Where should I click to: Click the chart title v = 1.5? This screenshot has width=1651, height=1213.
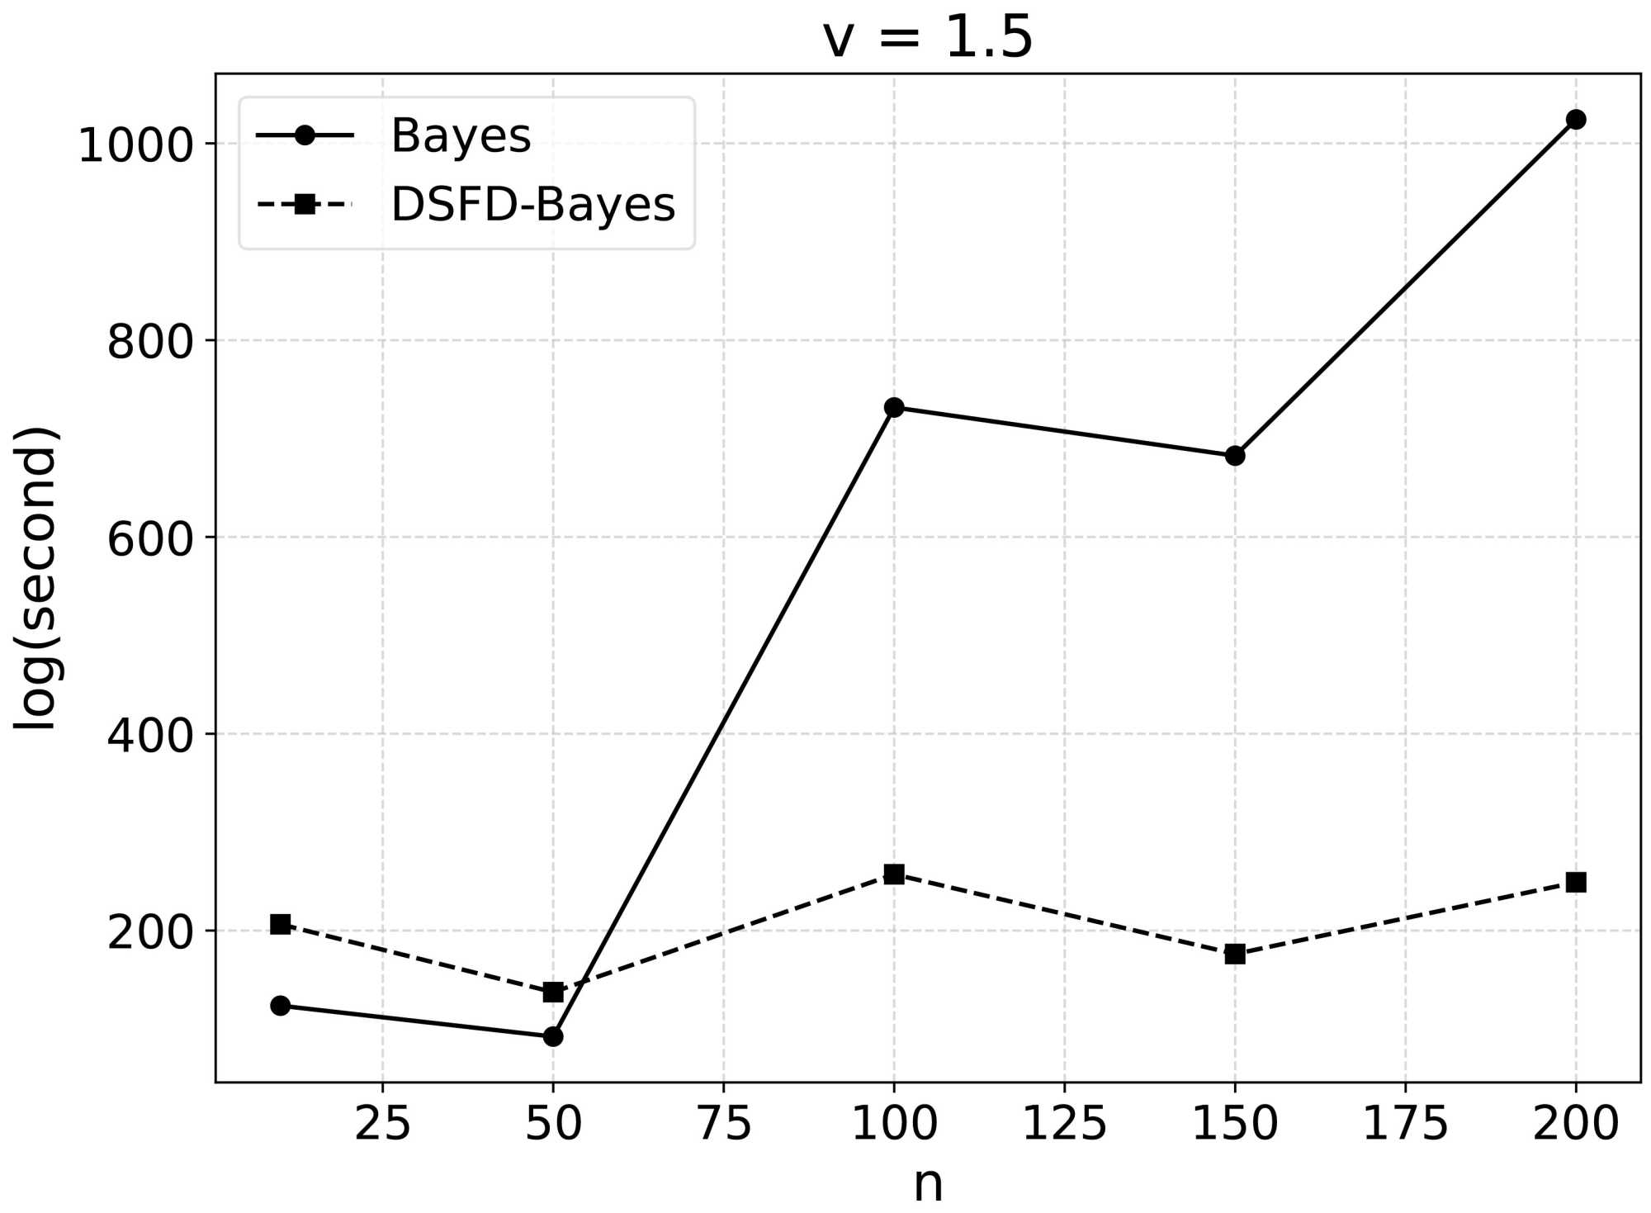click(x=927, y=37)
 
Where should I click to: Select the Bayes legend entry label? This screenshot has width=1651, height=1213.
click(x=461, y=135)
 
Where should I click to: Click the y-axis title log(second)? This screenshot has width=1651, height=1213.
click(x=35, y=578)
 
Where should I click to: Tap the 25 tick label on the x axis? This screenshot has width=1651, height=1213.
click(x=382, y=1124)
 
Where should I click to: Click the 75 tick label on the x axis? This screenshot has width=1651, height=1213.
click(x=724, y=1124)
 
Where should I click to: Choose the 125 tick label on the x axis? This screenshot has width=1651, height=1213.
click(x=1064, y=1124)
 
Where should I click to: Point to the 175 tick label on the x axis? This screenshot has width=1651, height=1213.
click(x=1405, y=1124)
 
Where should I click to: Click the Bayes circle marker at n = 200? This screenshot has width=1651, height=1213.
click(x=1576, y=120)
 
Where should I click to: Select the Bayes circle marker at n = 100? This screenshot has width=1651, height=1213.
click(x=894, y=407)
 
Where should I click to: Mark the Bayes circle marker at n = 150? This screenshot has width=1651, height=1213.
click(x=1235, y=456)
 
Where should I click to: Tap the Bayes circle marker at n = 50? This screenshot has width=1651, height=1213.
click(x=553, y=1036)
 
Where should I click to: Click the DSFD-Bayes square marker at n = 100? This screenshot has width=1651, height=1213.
click(x=894, y=874)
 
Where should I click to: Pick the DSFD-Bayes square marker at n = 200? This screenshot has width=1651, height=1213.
click(x=1576, y=883)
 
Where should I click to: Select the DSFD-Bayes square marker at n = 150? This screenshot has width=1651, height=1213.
click(x=1235, y=955)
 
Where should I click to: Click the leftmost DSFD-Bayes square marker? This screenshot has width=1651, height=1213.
click(x=281, y=924)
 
